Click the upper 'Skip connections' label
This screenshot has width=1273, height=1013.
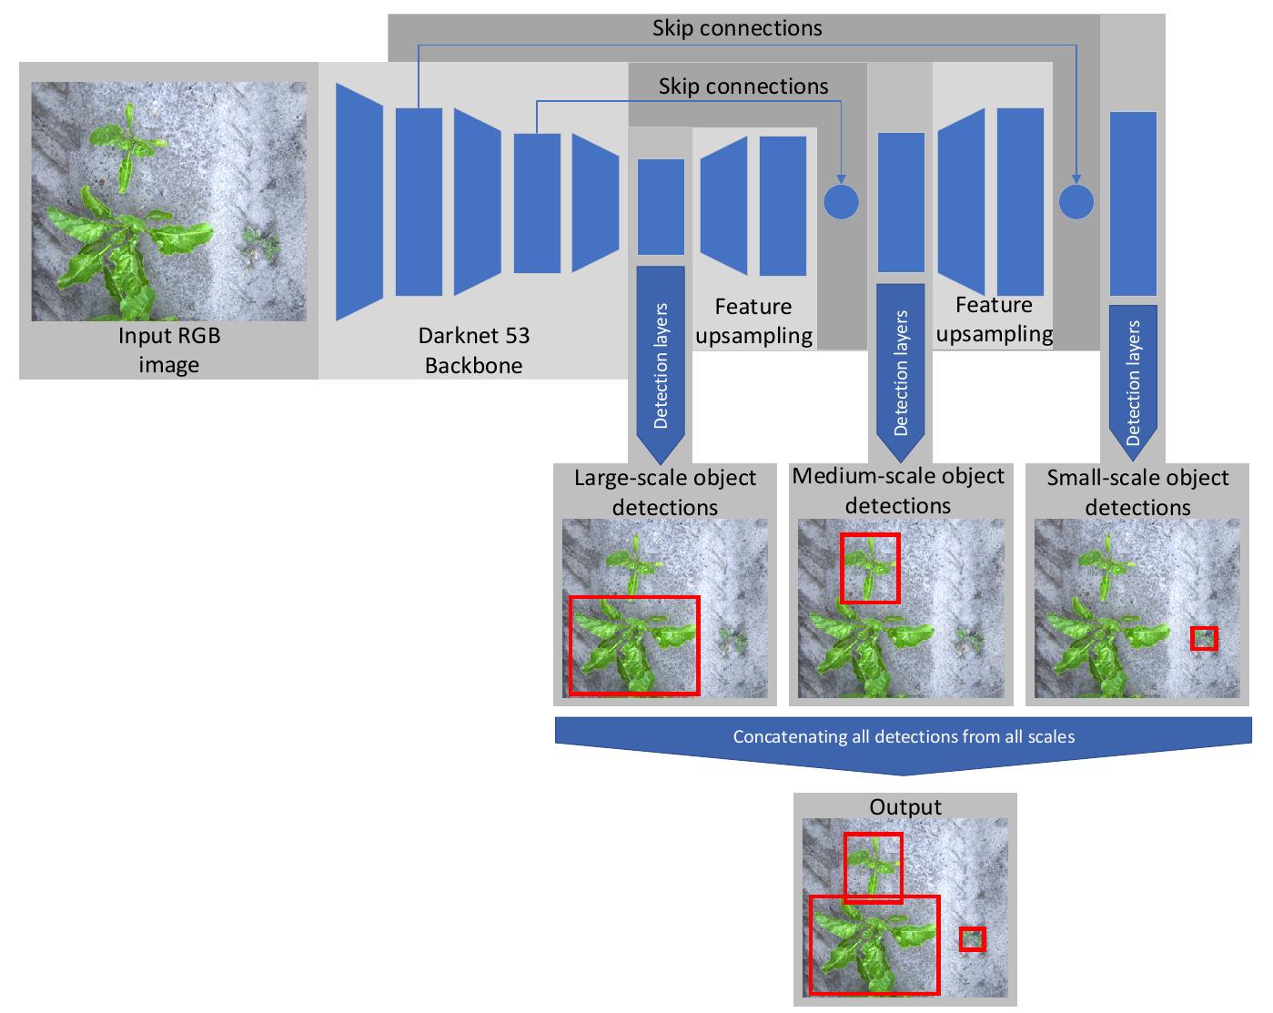[x=737, y=28]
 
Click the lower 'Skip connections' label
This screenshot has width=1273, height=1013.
[x=743, y=86]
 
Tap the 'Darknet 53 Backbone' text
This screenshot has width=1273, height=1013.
[x=473, y=350]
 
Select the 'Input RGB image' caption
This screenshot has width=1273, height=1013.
[x=169, y=350]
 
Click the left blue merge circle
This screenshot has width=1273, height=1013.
[x=841, y=201]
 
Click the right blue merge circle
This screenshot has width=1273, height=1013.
[x=1077, y=201]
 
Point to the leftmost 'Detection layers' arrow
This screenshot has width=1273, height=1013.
[x=661, y=364]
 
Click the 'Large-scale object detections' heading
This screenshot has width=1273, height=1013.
[x=665, y=492]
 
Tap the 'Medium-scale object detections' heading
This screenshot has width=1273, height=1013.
[x=898, y=491]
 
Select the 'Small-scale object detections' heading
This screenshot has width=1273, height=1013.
[x=1137, y=492]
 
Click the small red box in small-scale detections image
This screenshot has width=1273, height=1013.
[x=1204, y=638]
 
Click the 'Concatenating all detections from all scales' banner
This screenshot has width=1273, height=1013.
[x=904, y=736]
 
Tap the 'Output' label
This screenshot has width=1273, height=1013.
[x=904, y=806]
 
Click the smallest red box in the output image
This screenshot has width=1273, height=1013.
[x=972, y=938]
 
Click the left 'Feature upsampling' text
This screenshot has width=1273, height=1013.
[x=753, y=321]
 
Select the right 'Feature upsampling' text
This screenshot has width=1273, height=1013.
[x=994, y=319]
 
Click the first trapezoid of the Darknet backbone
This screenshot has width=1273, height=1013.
[x=359, y=201]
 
